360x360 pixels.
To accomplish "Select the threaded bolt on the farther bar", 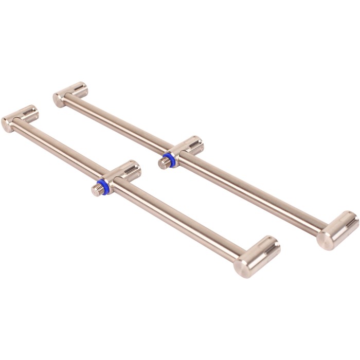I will [164, 163].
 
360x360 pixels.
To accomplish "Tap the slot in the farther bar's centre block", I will [193, 142].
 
